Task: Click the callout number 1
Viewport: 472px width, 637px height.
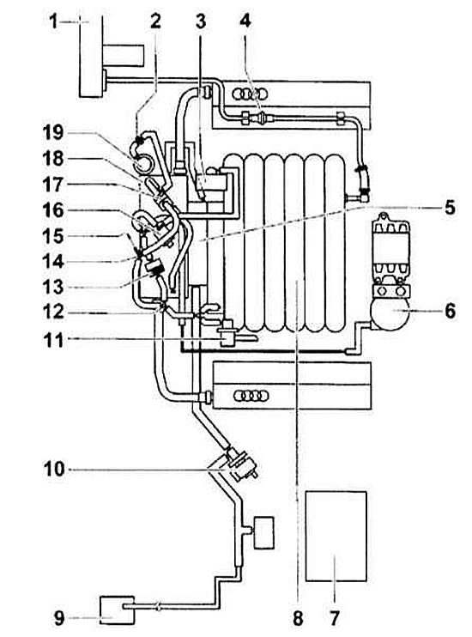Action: coord(53,21)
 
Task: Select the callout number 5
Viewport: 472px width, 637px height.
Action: coord(450,207)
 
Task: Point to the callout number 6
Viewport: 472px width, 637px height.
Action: coord(450,311)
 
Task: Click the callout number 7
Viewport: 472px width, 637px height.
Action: coord(335,618)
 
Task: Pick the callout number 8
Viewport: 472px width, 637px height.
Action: coord(298,618)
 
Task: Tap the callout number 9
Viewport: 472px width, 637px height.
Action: coord(59,618)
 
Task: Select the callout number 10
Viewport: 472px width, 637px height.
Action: coord(54,470)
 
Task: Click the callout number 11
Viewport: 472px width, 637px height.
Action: coord(54,341)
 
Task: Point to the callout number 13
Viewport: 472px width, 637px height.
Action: coord(53,287)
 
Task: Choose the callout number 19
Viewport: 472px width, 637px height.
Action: coord(53,132)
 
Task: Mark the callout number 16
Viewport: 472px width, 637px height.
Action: coord(53,210)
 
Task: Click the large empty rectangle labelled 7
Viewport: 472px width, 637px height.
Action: coord(336,537)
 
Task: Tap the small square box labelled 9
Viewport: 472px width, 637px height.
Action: coord(117,610)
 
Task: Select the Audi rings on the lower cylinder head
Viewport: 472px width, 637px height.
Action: coord(251,395)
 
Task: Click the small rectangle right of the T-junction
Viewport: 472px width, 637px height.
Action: coord(263,532)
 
